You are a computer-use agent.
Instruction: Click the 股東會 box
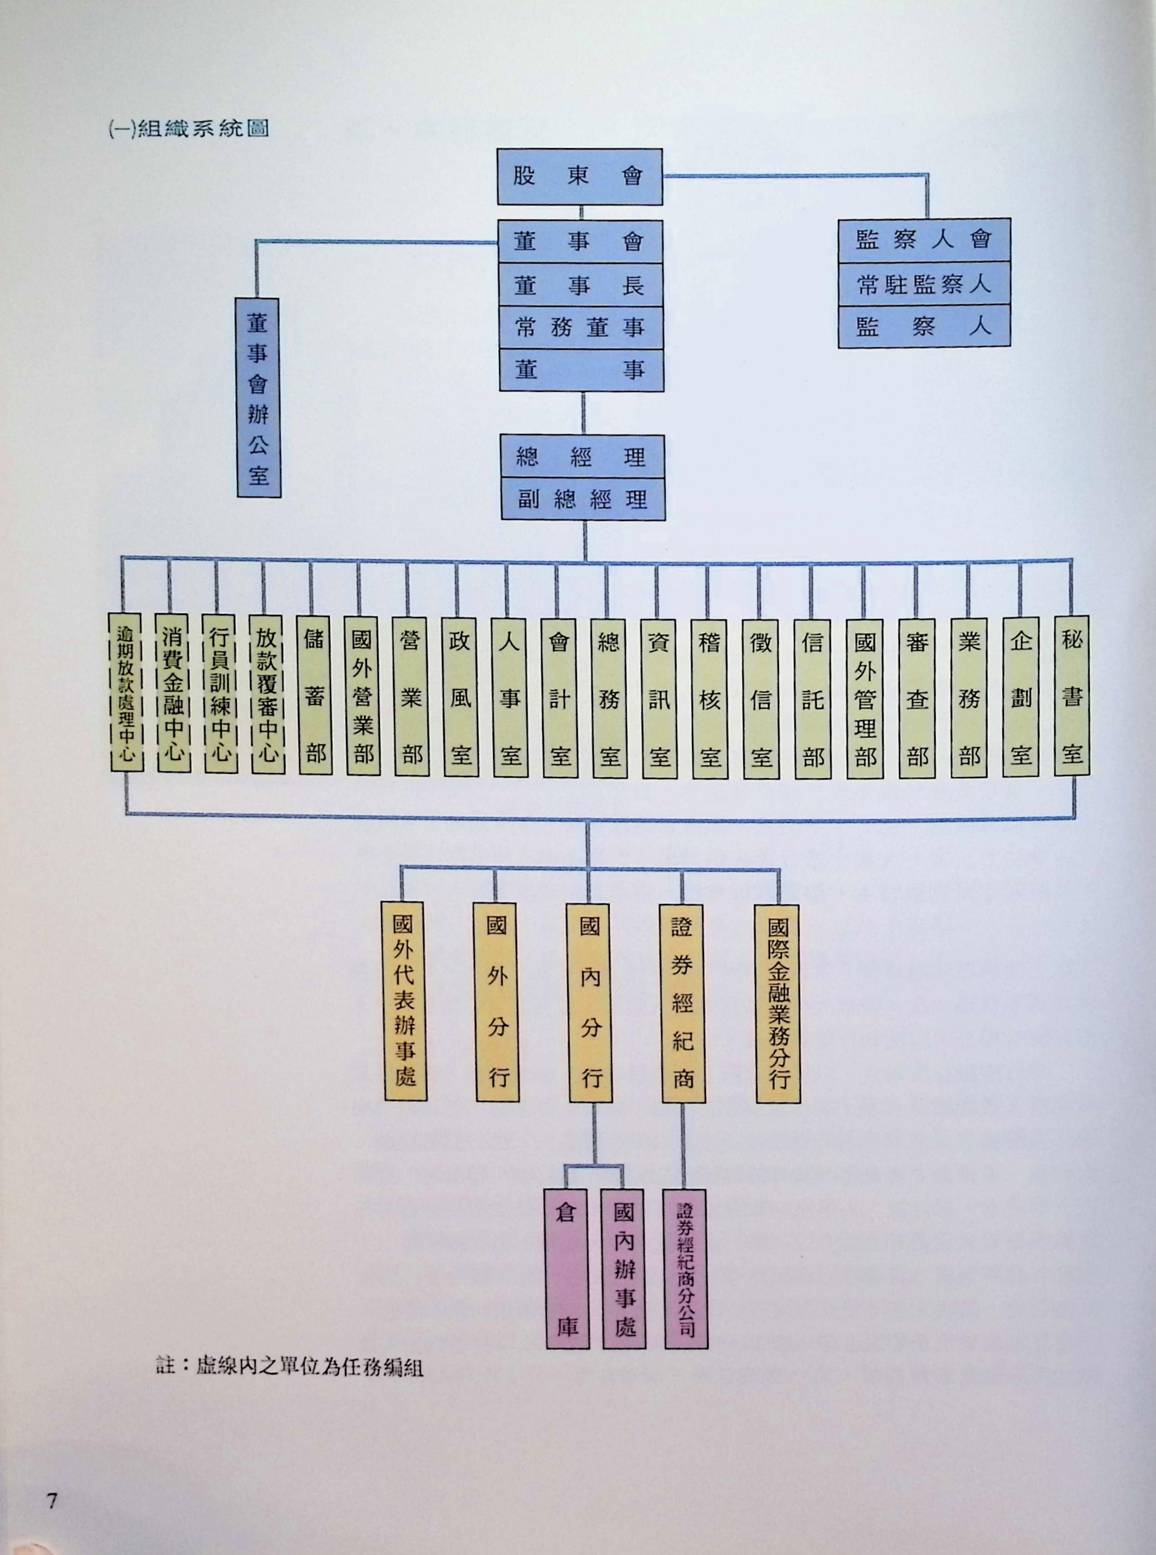(580, 176)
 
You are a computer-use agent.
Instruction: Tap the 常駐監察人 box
(924, 284)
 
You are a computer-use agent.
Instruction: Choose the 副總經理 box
(582, 500)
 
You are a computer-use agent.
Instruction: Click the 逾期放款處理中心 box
(126, 692)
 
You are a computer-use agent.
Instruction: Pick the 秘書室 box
(1071, 695)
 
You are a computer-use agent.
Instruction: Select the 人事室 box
(509, 698)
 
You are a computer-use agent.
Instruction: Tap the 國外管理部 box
(864, 699)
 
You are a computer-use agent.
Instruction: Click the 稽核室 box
(709, 699)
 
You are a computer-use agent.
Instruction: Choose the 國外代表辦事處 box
(404, 1001)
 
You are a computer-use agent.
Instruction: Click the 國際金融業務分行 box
(778, 1004)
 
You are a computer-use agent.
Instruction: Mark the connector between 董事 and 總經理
(583, 413)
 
